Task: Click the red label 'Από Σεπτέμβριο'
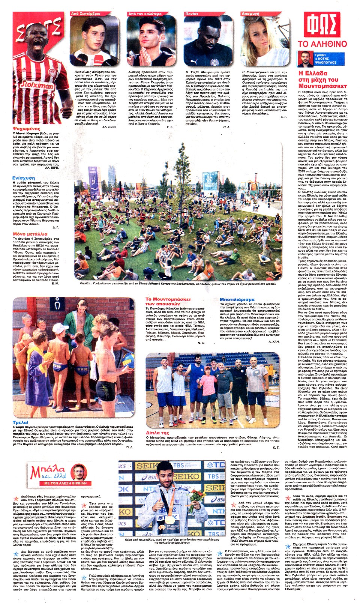[85, 14]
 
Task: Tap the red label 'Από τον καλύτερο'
[145, 14]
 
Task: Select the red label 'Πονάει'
[192, 14]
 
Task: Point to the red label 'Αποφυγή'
[250, 14]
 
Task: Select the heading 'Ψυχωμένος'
[26, 129]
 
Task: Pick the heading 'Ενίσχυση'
[24, 178]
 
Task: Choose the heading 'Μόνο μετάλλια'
[30, 234]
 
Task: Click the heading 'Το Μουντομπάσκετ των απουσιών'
[168, 301]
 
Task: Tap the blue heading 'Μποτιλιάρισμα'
[237, 299]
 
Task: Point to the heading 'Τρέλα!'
[21, 422]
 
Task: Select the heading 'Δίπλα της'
[157, 433]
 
